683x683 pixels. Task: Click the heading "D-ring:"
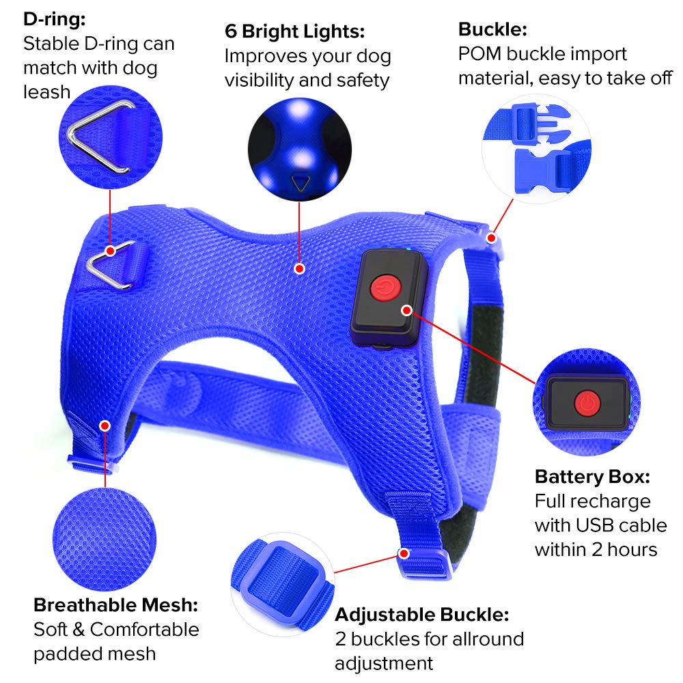[55, 20]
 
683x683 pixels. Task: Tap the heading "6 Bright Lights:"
[295, 31]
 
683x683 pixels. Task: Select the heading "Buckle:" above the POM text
[492, 29]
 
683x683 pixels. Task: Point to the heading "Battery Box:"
[592, 477]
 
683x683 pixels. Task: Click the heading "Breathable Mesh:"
[116, 605]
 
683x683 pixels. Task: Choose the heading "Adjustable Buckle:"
[422, 615]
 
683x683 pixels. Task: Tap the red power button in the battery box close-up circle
[587, 404]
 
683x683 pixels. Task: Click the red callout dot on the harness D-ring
[111, 251]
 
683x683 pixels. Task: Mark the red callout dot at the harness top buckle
[491, 238]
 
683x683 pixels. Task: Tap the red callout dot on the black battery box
[407, 311]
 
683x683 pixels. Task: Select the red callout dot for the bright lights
[299, 268]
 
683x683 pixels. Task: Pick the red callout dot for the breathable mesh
[104, 426]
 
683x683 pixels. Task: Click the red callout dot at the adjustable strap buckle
[404, 553]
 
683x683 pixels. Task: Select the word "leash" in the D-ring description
[46, 92]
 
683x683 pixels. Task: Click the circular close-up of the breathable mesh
[104, 539]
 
